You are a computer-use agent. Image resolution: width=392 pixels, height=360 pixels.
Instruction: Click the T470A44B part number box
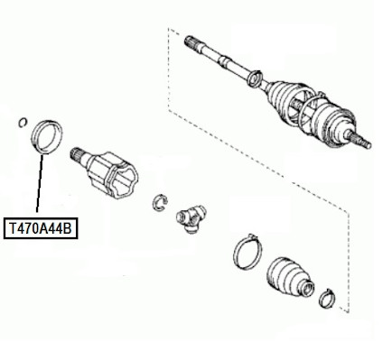41,228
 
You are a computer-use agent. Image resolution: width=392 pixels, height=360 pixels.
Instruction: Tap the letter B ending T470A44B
68,229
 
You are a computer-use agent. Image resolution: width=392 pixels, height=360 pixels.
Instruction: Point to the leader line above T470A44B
40,183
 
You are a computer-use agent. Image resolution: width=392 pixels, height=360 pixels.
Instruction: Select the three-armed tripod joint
191,217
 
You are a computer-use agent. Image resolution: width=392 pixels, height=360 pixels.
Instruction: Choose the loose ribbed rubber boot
290,278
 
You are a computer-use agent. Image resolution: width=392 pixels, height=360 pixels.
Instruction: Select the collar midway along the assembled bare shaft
223,60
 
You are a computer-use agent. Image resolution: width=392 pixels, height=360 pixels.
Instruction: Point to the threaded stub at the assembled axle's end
360,140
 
